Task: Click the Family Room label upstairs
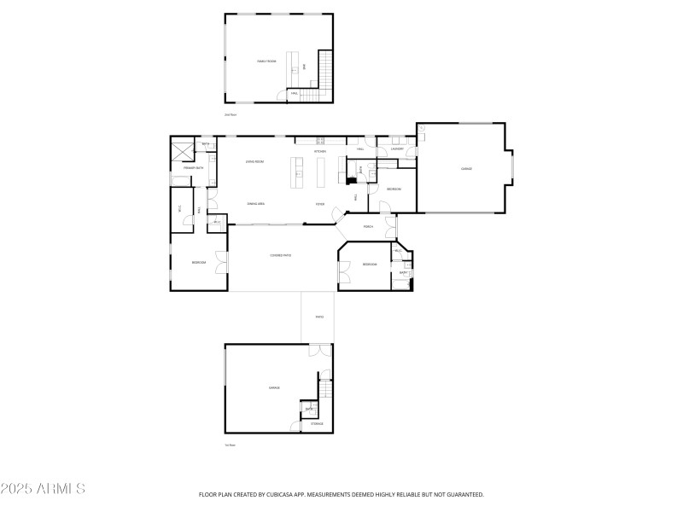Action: point(267,61)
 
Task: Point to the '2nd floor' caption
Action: point(230,114)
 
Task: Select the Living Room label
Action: point(254,161)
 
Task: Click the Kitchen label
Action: point(320,152)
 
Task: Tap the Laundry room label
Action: point(396,149)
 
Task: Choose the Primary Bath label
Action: point(194,168)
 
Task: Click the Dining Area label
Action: point(254,204)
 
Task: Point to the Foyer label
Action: point(320,204)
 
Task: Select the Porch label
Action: point(369,227)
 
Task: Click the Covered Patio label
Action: point(281,255)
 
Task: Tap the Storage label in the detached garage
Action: point(317,423)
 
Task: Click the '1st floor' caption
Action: point(230,445)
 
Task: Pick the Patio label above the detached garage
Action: point(319,317)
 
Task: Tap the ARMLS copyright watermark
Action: point(43,489)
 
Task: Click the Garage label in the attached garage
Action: point(467,169)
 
